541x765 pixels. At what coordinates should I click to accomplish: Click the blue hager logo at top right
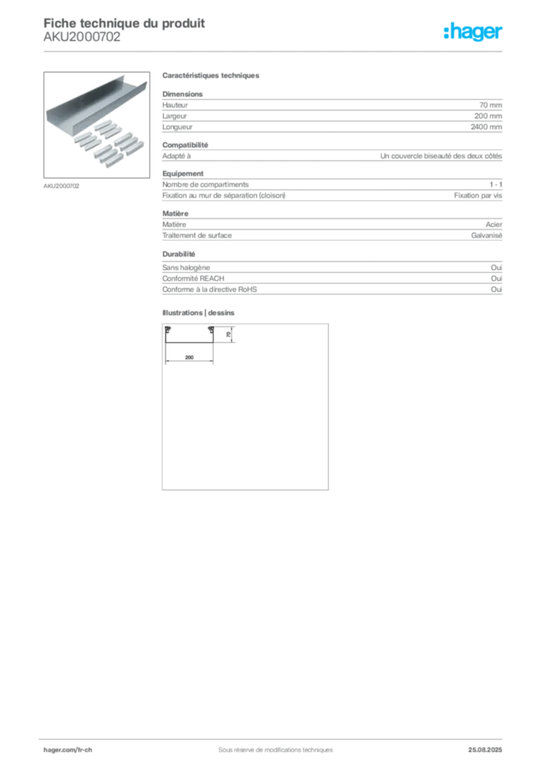point(474,33)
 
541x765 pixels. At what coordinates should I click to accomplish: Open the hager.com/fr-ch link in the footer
point(67,748)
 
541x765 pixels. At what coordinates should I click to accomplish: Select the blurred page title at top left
point(124,21)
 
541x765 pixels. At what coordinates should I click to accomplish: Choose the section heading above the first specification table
point(211,76)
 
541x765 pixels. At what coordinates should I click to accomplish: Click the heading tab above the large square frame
point(200,312)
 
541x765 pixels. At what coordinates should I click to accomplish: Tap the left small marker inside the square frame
point(169,329)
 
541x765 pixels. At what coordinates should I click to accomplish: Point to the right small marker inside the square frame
point(208,329)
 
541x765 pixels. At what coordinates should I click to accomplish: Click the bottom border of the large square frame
point(244,490)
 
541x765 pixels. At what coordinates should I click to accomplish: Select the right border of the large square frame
point(329,407)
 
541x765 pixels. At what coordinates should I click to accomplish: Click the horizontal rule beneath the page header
point(275,51)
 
